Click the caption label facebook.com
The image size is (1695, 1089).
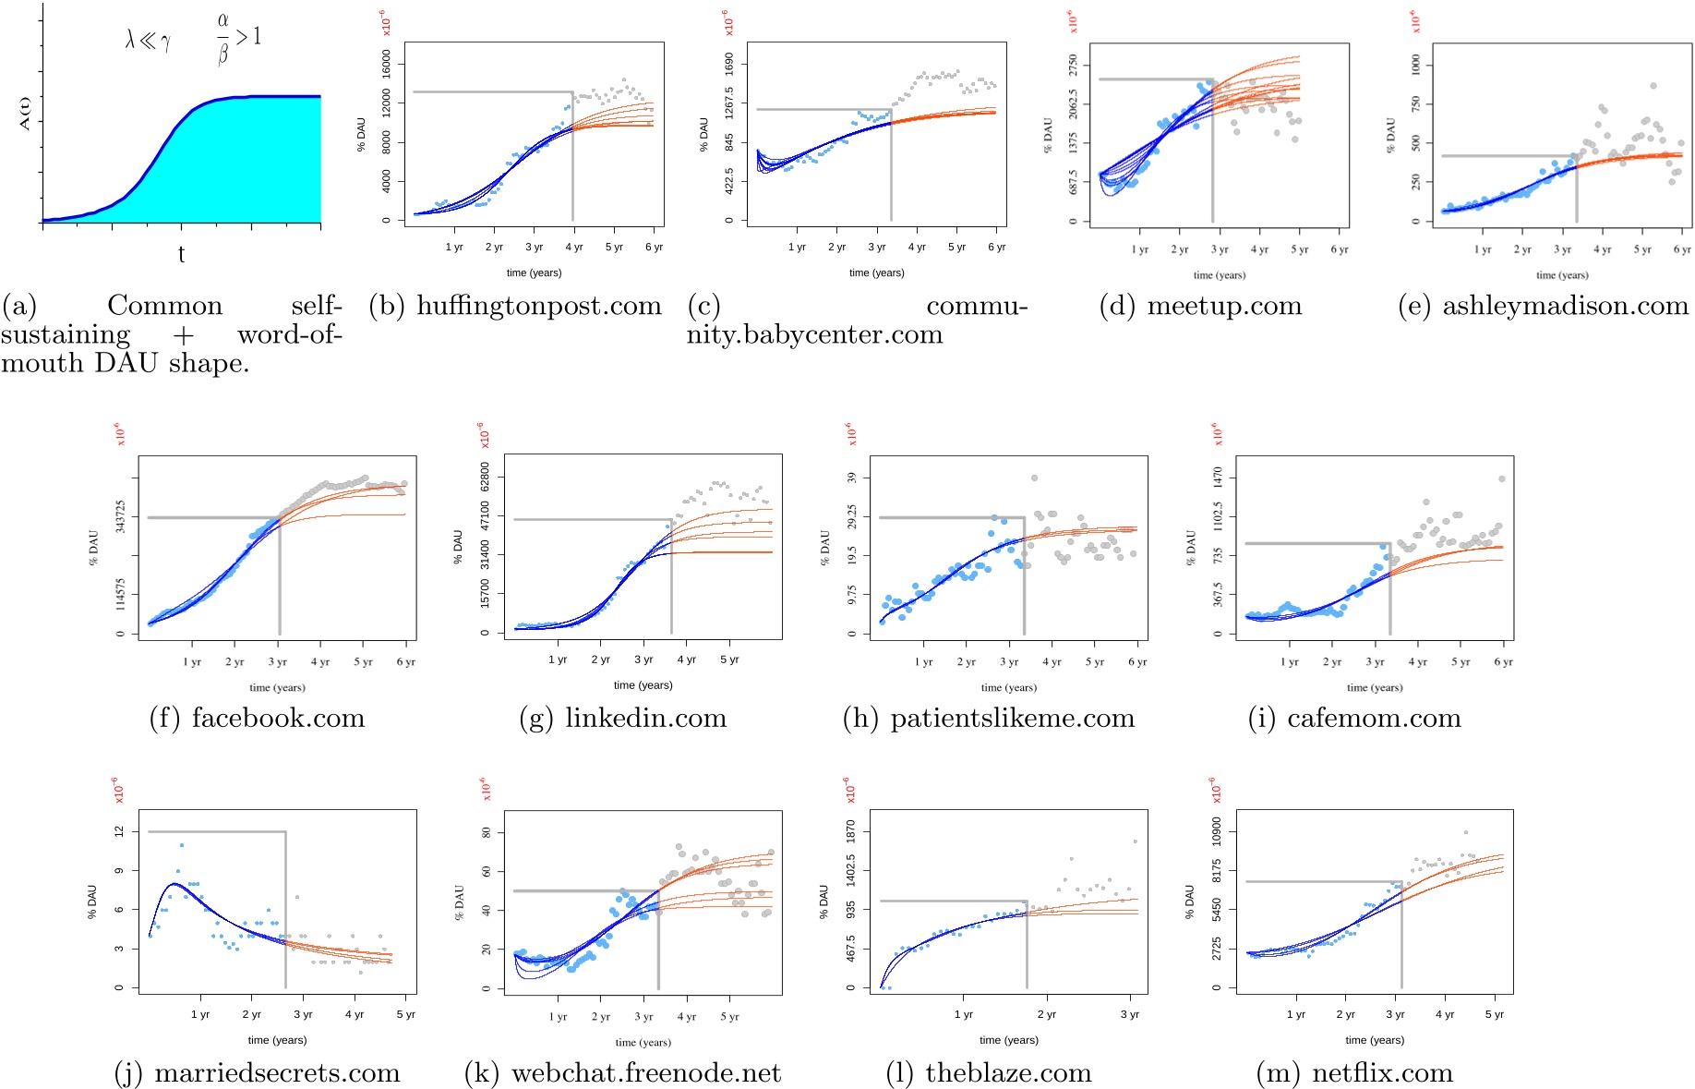pyautogui.click(x=278, y=718)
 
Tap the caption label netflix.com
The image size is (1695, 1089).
pyautogui.click(x=1382, y=1072)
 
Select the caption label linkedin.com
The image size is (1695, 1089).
pyautogui.click(x=645, y=718)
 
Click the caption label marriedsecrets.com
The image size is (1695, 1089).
pyautogui.click(x=277, y=1072)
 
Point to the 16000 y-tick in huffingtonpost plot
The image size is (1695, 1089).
pyautogui.click(x=387, y=66)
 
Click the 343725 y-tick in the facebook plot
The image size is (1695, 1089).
pyautogui.click(x=120, y=517)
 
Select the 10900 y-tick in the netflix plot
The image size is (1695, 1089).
pyautogui.click(x=1216, y=831)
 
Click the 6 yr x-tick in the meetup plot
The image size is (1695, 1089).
pyautogui.click(x=1339, y=249)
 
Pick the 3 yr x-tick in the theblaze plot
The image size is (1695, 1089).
pyautogui.click(x=1129, y=1014)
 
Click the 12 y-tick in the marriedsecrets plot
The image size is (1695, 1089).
pyautogui.click(x=119, y=831)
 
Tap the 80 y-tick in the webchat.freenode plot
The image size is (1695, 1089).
pyautogui.click(x=487, y=832)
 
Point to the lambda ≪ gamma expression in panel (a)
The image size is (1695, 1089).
pyautogui.click(x=148, y=40)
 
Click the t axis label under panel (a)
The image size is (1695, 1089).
pyautogui.click(x=181, y=254)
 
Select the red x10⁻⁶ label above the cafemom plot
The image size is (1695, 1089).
pyautogui.click(x=1216, y=435)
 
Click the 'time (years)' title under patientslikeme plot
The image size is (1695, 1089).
pyautogui.click(x=1008, y=687)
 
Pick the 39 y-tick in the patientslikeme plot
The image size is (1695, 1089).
pyautogui.click(x=852, y=478)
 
